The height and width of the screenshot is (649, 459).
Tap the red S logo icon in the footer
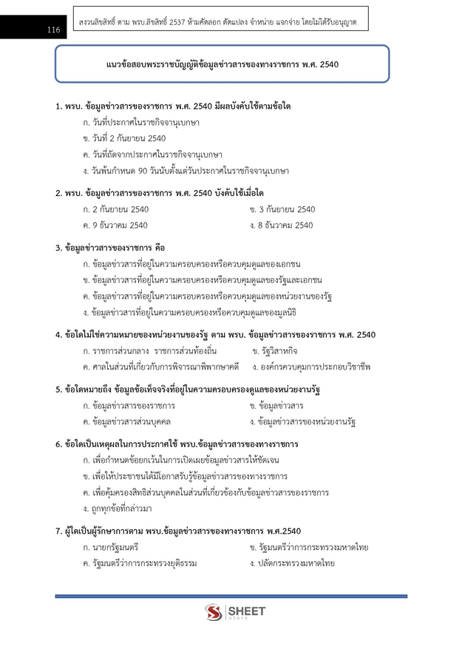click(214, 614)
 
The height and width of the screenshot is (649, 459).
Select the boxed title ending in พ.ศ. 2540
click(222, 64)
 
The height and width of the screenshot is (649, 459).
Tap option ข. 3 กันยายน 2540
click(282, 209)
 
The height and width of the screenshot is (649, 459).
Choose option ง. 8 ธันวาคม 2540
click(282, 225)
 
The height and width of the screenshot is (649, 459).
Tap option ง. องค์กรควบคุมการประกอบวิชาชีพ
click(310, 366)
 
